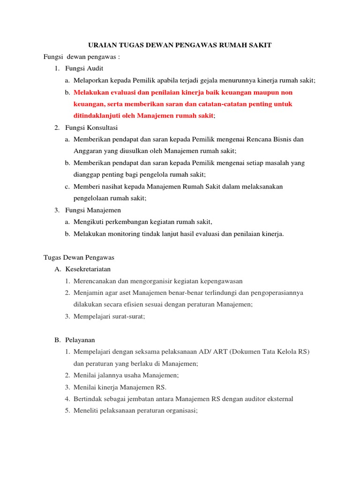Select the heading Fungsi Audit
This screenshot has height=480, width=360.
(x=81, y=69)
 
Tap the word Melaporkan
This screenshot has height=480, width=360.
(x=90, y=81)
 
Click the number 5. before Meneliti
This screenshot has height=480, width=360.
(x=67, y=411)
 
